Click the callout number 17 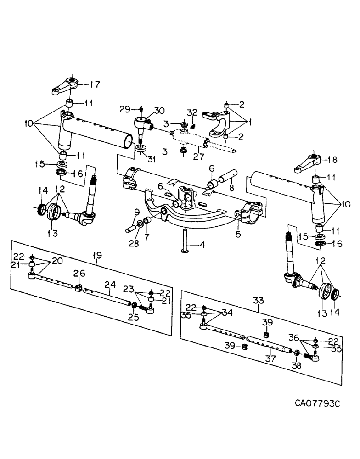(x=95, y=84)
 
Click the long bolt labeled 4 (x=185, y=238)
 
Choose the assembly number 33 (x=259, y=301)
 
